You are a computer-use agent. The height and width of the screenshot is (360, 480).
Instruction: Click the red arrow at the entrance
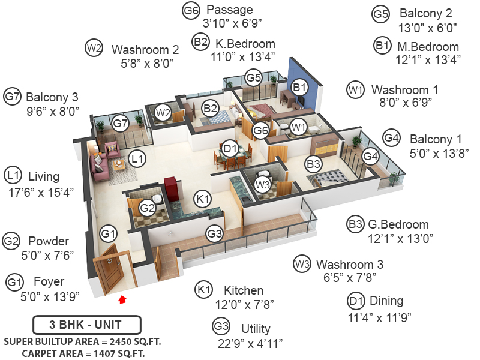pyautogui.click(x=123, y=298)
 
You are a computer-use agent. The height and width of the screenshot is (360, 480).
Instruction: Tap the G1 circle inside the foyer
pyautogui.click(x=108, y=232)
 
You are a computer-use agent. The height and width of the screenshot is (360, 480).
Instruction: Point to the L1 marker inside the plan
pyautogui.click(x=138, y=159)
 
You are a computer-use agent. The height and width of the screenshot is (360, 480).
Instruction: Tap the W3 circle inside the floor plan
pyautogui.click(x=262, y=185)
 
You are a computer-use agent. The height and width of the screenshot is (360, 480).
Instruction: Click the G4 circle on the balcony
pyautogui.click(x=371, y=156)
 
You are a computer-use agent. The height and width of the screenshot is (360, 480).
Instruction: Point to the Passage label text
pyautogui.click(x=229, y=10)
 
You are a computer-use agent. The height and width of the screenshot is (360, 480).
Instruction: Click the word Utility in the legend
pyautogui.click(x=256, y=329)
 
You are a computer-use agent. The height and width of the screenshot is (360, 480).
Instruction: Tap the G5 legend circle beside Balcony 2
pyautogui.click(x=381, y=13)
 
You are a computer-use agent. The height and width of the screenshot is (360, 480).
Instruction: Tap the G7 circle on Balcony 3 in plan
pyautogui.click(x=121, y=124)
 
